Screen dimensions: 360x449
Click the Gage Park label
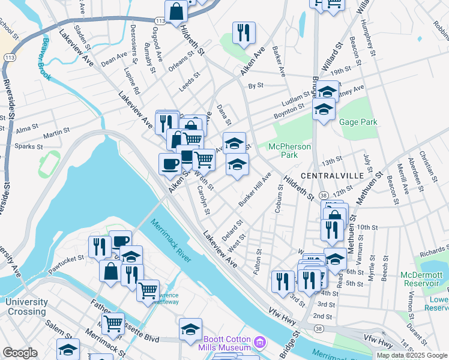point(358,122)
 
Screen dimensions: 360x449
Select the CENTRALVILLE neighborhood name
point(331,175)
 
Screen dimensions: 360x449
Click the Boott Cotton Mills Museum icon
point(259,342)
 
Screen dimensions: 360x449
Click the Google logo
point(20,353)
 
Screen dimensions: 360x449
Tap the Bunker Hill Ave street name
point(255,190)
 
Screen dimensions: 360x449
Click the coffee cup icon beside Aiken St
point(170,163)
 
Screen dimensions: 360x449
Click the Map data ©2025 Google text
point(412,355)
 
